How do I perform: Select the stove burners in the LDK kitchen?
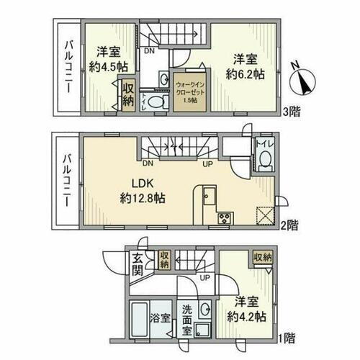222,217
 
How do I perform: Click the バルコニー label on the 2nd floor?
65,181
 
